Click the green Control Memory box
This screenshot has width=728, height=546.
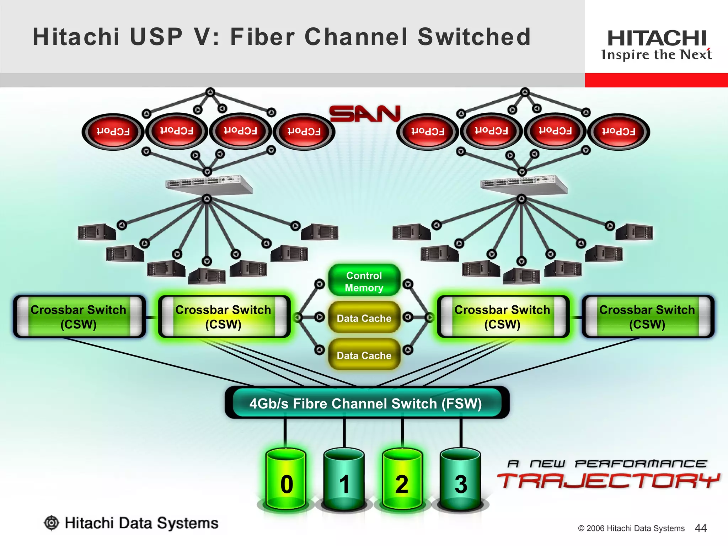364,281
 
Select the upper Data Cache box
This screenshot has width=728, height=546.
364,318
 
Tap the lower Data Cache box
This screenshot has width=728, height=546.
364,355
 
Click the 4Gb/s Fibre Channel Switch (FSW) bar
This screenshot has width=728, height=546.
366,403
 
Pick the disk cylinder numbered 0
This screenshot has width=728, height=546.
286,480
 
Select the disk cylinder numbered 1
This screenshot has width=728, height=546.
344,480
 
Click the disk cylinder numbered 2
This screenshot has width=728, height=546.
402,480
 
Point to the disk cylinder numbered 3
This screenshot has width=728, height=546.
461,480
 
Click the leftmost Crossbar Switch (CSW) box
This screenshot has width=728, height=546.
79,316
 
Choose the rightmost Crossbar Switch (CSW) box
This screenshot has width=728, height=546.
648,316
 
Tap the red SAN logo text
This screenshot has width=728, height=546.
365,114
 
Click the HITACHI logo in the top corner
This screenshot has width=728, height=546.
657,38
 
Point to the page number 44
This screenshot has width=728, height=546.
700,528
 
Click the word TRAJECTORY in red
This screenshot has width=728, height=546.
608,481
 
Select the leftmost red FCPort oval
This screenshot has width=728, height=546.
113,132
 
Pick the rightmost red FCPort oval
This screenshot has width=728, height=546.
619,132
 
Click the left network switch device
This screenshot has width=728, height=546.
209,184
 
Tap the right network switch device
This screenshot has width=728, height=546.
524,184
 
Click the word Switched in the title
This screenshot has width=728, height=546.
474,37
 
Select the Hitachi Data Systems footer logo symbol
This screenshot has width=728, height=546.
52,523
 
